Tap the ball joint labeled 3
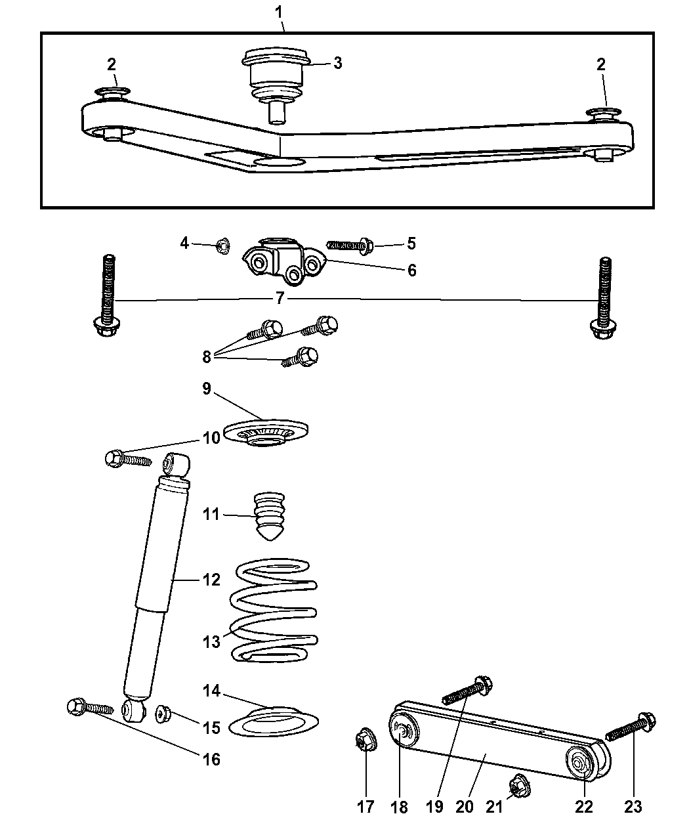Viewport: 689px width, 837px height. point(276,79)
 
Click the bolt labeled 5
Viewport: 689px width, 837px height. point(349,246)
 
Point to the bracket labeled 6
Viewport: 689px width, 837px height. point(283,263)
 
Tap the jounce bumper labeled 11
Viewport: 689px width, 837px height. point(266,516)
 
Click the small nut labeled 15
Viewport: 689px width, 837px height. point(163,714)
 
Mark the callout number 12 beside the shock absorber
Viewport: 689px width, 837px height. point(211,580)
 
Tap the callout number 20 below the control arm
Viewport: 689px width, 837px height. point(464,806)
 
